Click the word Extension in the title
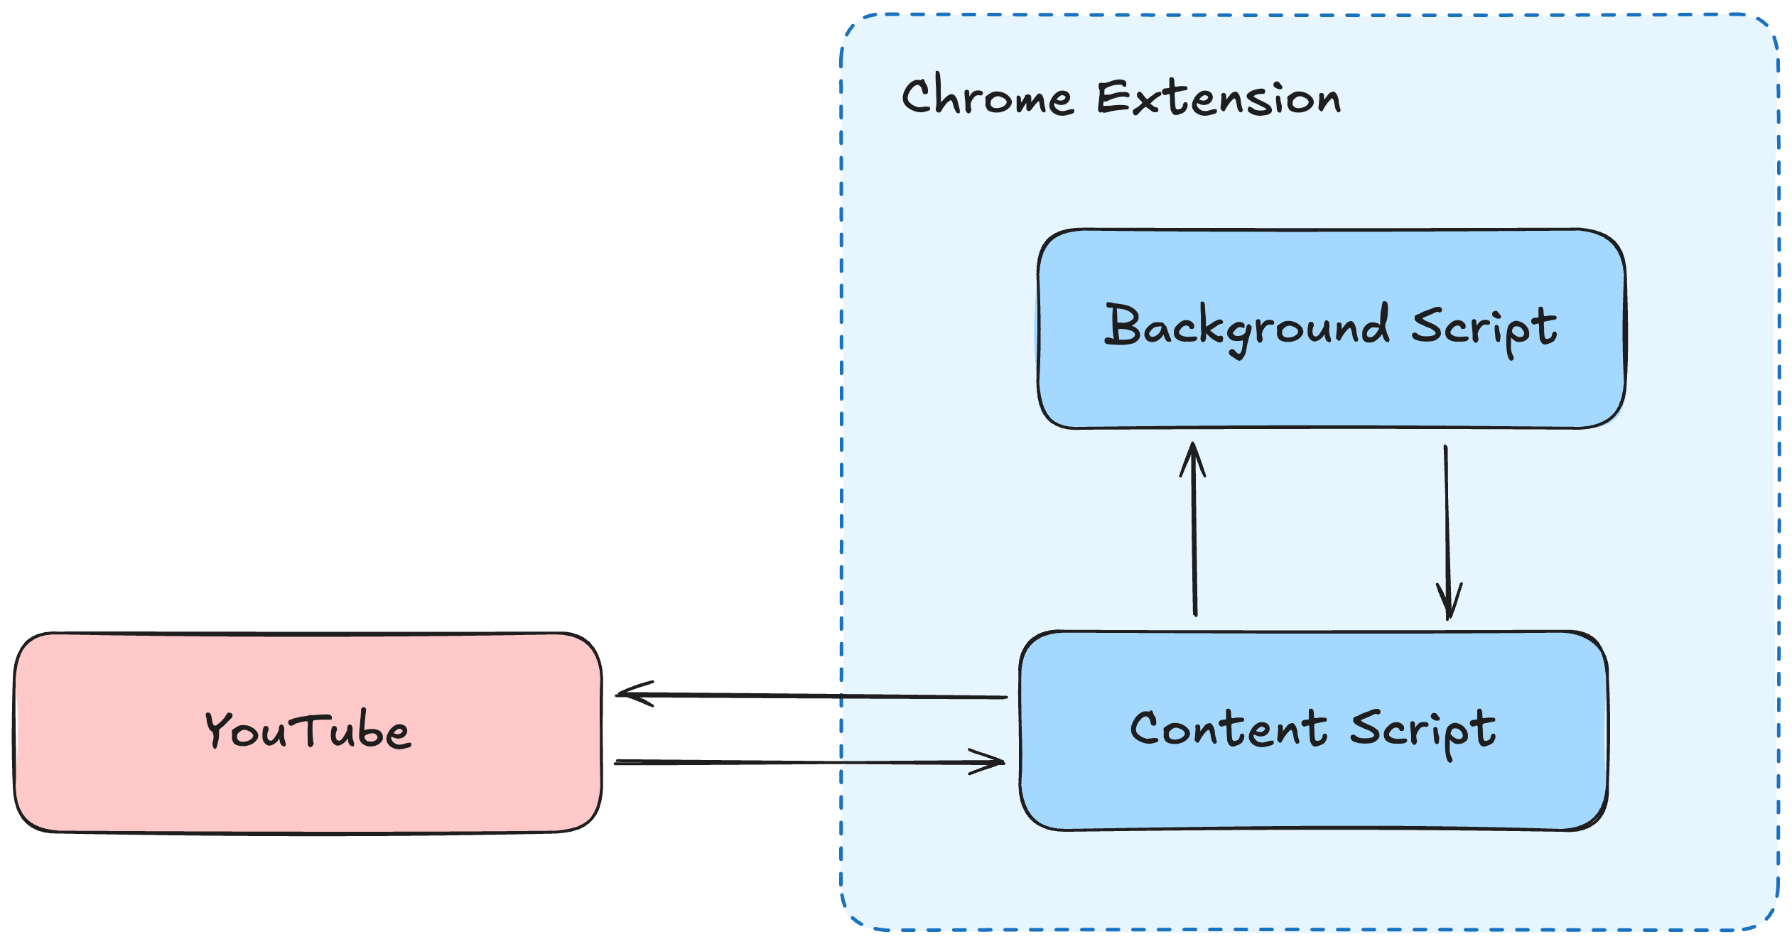click(1219, 99)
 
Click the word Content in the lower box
click(1229, 729)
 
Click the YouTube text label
click(308, 729)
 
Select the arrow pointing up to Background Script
click(1194, 540)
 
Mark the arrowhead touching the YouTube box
click(629, 694)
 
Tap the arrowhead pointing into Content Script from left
click(991, 761)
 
